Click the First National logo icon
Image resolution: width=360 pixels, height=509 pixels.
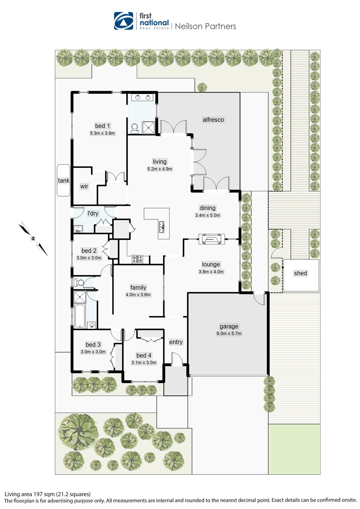[x=124, y=21]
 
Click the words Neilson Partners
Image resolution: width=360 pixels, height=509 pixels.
[x=205, y=26]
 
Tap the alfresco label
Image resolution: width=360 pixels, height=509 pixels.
[x=213, y=120]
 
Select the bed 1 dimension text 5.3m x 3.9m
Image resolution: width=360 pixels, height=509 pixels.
[x=102, y=133]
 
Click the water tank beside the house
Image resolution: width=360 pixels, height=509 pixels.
[x=63, y=180]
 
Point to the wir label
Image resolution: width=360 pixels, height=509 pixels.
[x=84, y=186]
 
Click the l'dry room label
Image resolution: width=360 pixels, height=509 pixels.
[x=93, y=213]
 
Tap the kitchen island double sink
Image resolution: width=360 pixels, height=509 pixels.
[x=162, y=226]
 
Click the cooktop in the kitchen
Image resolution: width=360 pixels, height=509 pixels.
[x=137, y=259]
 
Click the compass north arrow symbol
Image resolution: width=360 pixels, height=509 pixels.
[x=33, y=238]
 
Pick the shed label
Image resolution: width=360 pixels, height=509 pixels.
[x=301, y=273]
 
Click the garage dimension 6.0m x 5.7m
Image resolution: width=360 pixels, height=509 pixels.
[x=229, y=334]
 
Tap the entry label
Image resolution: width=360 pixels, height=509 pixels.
[x=176, y=342]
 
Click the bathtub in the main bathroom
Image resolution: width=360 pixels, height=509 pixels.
[x=79, y=316]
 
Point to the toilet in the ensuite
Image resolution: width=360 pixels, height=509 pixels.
[x=134, y=128]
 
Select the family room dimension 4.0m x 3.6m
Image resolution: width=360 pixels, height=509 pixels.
[x=138, y=295]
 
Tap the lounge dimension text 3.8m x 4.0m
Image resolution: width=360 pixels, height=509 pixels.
[x=211, y=272]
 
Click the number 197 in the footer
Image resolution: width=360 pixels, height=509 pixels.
[x=37, y=494]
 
